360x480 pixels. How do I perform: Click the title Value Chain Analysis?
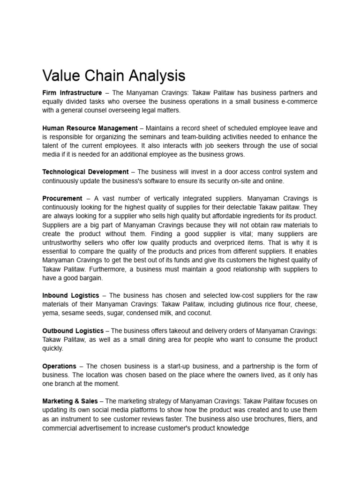click(113, 75)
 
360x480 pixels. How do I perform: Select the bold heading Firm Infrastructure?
click(72, 93)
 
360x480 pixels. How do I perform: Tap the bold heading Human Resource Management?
click(90, 128)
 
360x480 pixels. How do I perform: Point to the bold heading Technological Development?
click(85, 172)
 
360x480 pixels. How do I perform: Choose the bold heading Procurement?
click(62, 199)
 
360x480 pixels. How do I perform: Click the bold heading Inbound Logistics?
click(71, 295)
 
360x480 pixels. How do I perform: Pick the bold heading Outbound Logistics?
click(73, 331)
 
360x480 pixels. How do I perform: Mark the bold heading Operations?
click(59, 366)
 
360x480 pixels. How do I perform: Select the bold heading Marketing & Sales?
click(70, 401)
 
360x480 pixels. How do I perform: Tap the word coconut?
click(199, 313)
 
